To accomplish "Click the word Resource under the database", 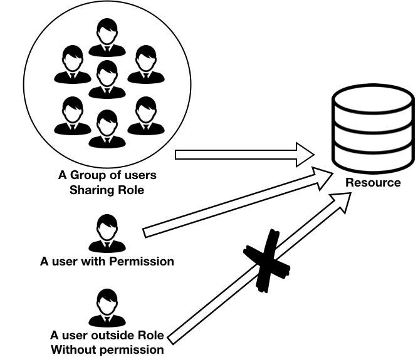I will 373,183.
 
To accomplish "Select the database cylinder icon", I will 373,129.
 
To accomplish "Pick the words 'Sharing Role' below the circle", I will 107,190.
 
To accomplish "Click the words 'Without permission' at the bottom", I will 107,349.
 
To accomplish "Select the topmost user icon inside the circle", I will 107,38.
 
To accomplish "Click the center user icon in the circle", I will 107,80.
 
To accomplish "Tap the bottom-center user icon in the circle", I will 107,128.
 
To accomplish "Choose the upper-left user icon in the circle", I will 72,64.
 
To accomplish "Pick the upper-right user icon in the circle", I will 145,64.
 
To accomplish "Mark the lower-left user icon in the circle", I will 72,116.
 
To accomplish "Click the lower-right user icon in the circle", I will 145,116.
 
